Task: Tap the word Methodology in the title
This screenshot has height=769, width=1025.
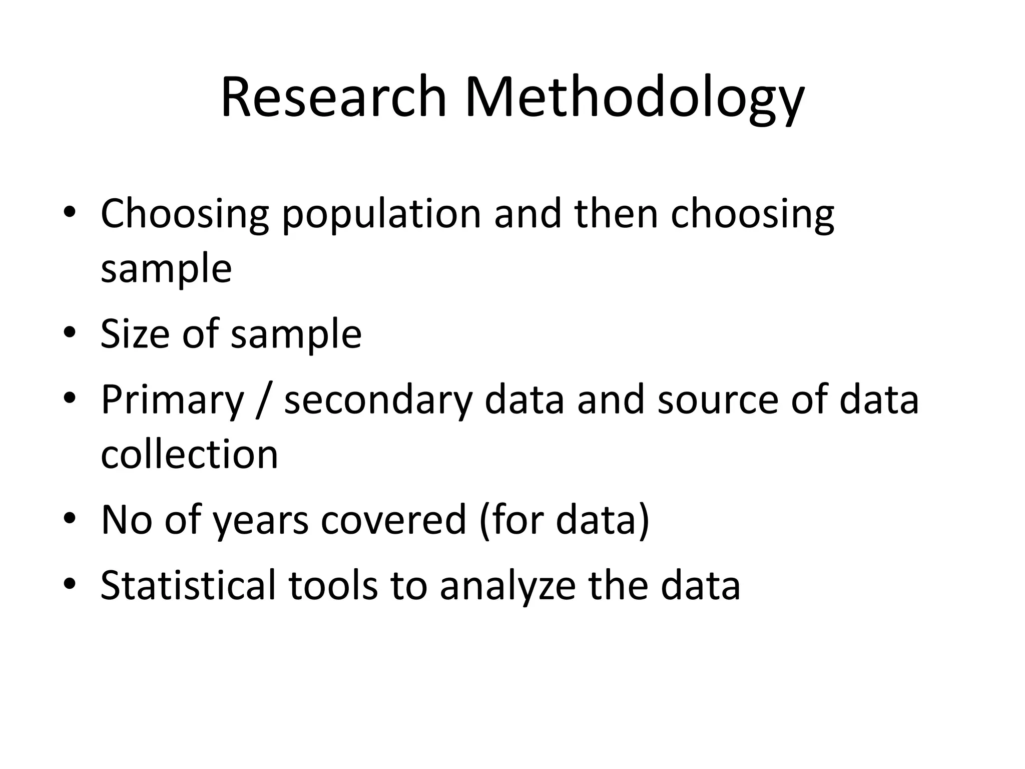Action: point(635,98)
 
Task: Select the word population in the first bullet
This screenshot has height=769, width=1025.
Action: point(381,214)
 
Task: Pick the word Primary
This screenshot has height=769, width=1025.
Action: point(172,401)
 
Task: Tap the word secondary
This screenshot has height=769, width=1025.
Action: point(378,401)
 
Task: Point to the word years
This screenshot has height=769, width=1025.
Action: point(260,521)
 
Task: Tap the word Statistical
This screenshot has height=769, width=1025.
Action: point(188,584)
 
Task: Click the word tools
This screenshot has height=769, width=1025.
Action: point(333,584)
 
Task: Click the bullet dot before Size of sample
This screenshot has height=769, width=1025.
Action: point(70,332)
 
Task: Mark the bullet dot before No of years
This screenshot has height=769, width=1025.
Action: point(70,518)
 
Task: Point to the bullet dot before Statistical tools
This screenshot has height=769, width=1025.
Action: point(70,583)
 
